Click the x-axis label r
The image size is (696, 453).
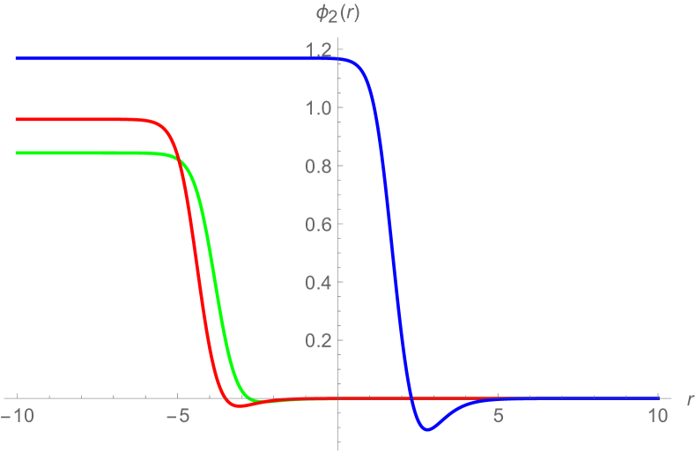[688, 399]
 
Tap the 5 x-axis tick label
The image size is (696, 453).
[499, 414]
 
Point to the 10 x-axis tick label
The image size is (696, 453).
[657, 414]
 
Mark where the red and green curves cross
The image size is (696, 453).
[179, 159]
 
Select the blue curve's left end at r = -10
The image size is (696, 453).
[18, 59]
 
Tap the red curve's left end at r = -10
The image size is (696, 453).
[18, 119]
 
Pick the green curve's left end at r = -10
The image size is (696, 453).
[18, 153]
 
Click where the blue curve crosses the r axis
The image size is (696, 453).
[411, 398]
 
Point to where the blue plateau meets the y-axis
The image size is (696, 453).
[338, 59]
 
